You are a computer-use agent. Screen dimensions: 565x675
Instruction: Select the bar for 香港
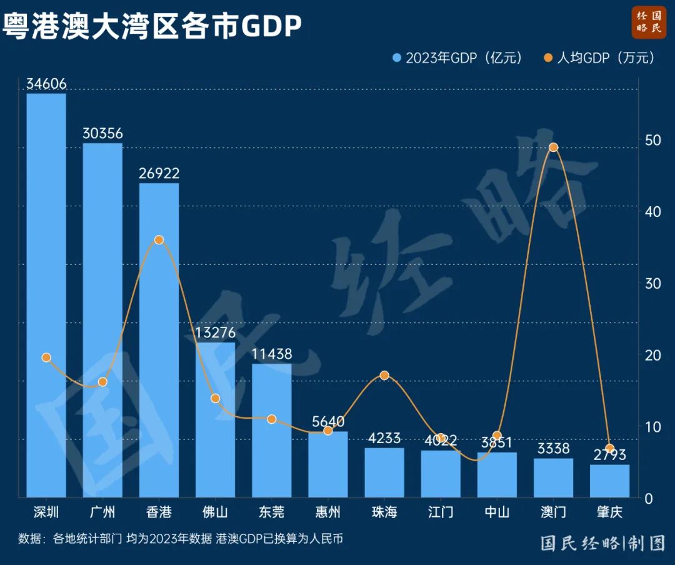click(x=159, y=340)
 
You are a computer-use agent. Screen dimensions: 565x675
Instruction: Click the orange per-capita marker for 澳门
click(x=553, y=147)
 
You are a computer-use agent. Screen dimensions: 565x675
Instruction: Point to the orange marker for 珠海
click(x=384, y=375)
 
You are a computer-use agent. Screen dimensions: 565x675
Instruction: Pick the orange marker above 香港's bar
click(x=159, y=240)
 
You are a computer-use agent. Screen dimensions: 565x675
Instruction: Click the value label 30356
click(x=102, y=133)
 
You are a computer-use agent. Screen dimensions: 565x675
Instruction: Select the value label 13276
click(x=215, y=332)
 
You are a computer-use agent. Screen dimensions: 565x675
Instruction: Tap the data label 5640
click(x=328, y=422)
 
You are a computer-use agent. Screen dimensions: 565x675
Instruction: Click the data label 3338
click(x=553, y=448)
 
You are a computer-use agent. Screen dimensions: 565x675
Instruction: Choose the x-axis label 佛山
click(x=215, y=512)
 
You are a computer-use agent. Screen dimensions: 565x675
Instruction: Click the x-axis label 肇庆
click(x=609, y=512)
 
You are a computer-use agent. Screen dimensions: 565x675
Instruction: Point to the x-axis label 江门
click(x=441, y=512)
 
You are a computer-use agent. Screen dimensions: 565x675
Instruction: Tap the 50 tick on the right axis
click(x=653, y=140)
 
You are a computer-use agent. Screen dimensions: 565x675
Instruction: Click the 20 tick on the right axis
click(x=653, y=355)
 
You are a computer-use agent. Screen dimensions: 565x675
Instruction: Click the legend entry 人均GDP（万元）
click(x=599, y=58)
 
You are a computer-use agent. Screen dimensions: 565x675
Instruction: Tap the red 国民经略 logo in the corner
click(x=649, y=21)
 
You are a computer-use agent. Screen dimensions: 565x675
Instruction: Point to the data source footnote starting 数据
click(x=181, y=539)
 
